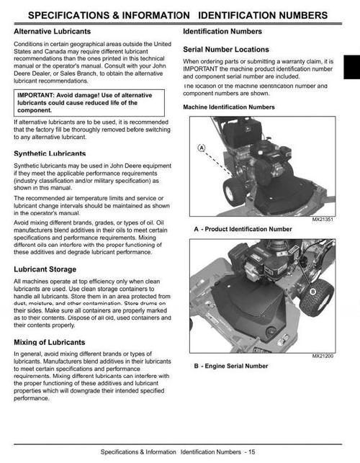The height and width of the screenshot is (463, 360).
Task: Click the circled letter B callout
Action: tap(312, 292)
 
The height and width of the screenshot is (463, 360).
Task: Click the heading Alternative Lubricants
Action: tap(52, 32)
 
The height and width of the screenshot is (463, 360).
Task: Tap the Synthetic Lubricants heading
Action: tap(50, 153)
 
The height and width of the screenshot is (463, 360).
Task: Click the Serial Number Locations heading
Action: tap(226, 50)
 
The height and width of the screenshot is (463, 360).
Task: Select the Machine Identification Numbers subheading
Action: tap(229, 107)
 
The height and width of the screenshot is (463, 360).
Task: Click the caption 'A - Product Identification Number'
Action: tap(243, 229)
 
